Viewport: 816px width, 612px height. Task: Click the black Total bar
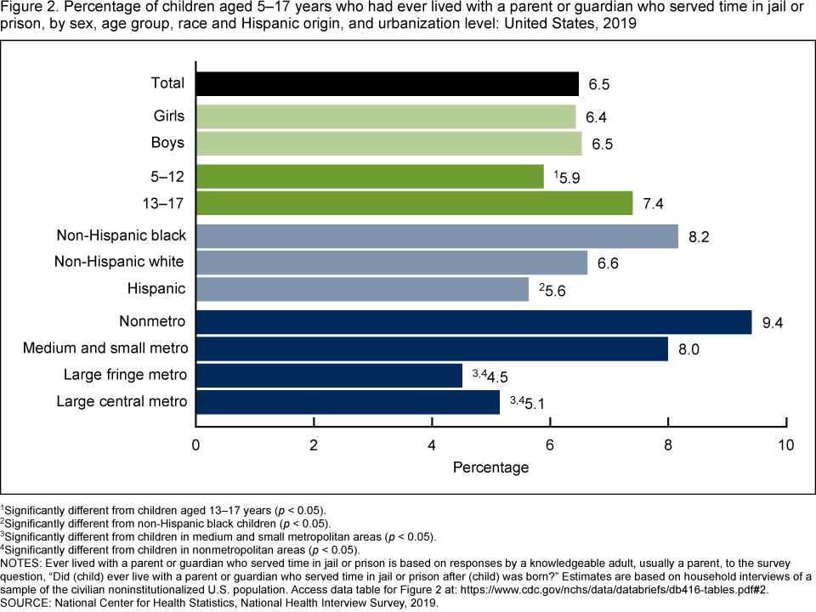pyautogui.click(x=387, y=83)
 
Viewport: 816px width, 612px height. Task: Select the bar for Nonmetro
pyautogui.click(x=473, y=322)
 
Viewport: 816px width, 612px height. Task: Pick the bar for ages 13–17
pyautogui.click(x=414, y=203)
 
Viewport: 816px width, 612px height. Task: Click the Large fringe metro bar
pyautogui.click(x=329, y=375)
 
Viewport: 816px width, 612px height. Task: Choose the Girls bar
pyautogui.click(x=386, y=116)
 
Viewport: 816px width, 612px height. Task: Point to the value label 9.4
pyautogui.click(x=771, y=323)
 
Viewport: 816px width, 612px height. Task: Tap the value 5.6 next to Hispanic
pyautogui.click(x=556, y=290)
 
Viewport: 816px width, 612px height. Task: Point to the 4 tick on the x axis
pyautogui.click(x=432, y=445)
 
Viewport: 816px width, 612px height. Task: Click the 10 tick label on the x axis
pyautogui.click(x=786, y=445)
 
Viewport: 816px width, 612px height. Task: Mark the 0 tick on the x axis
pyautogui.click(x=196, y=445)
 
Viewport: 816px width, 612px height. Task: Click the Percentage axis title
pyautogui.click(x=490, y=467)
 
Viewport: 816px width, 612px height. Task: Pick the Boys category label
pyautogui.click(x=167, y=142)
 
